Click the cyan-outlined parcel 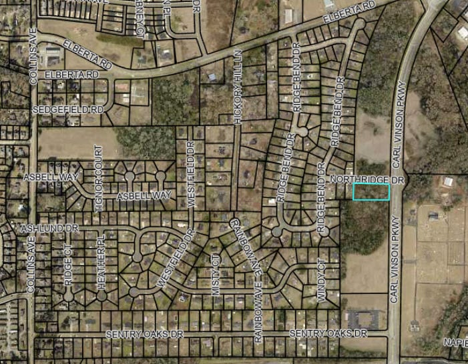pos(371,192)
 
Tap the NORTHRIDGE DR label pos(367,181)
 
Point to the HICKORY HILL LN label pos(237,86)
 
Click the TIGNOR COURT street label pos(99,178)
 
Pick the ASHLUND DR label pos(49,228)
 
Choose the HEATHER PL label pos(102,263)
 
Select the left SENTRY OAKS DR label pos(144,333)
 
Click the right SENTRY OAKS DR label pos(328,333)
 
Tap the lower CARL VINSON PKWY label pos(395,260)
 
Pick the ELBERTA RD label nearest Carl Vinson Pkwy pos(350,15)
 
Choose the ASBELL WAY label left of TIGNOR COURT pos(51,177)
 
